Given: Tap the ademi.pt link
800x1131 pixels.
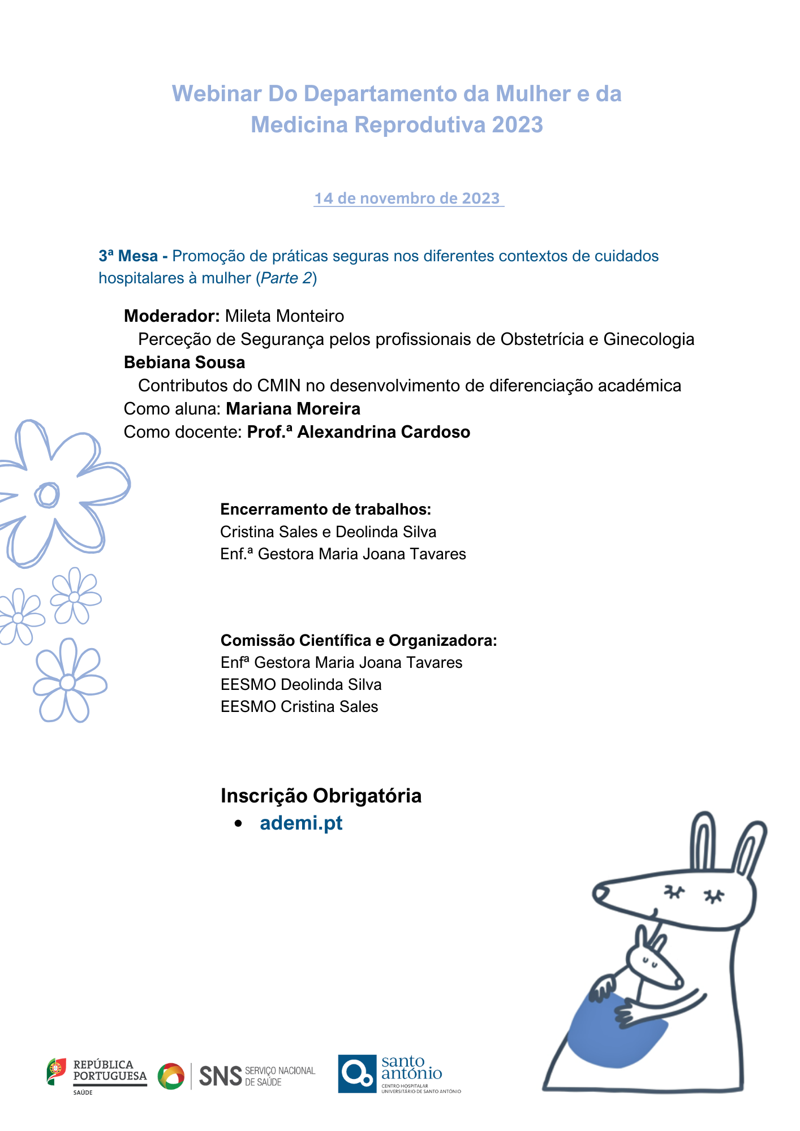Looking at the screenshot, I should point(301,823).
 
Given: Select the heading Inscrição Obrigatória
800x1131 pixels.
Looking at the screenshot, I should point(321,796).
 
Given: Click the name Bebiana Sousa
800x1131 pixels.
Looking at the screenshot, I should point(184,362).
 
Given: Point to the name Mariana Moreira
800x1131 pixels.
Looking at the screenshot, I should point(293,409).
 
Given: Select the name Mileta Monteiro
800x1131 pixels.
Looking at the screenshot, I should point(285,316).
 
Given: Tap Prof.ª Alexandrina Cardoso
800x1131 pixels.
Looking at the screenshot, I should point(359,432).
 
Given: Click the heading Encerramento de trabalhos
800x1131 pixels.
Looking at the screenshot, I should point(325,510).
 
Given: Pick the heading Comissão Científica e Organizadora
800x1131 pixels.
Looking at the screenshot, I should point(359,641).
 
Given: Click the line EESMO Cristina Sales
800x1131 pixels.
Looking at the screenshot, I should point(299,707).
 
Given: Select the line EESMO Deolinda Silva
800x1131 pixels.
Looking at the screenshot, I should point(301,685).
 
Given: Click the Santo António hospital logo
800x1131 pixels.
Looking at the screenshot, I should point(398,1073).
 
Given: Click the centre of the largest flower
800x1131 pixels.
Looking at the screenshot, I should point(47,495).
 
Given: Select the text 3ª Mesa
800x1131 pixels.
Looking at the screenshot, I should point(128,256).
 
